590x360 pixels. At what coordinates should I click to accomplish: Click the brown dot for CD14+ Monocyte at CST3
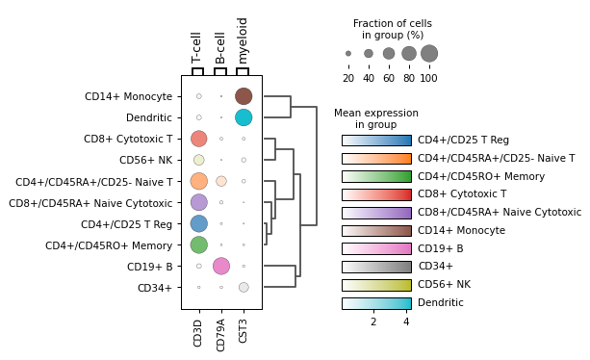coord(244,96)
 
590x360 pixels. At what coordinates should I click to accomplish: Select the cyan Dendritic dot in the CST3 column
coord(244,117)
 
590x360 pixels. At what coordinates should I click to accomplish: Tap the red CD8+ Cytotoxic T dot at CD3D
coord(198,139)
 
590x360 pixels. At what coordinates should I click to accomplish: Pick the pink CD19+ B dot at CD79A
coord(221,266)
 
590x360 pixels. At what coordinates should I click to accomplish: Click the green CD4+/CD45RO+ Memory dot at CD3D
coord(198,244)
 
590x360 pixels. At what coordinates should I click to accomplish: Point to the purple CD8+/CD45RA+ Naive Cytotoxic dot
coord(198,202)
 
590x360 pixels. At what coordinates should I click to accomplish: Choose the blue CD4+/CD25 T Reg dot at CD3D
coord(198,223)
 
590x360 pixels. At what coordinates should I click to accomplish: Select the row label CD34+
coord(155,287)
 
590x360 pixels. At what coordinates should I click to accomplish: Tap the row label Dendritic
coord(149,117)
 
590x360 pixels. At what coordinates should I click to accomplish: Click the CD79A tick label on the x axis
coord(221,329)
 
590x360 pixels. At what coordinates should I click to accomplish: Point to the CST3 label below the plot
coord(244,329)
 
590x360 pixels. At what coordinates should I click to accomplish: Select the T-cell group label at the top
coord(197,47)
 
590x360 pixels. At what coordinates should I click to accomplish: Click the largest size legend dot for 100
coord(429,54)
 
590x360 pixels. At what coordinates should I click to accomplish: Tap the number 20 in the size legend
coord(348,78)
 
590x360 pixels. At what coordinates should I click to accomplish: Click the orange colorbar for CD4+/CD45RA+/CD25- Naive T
coord(376,158)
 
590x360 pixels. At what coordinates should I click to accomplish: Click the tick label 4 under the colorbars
coord(406,321)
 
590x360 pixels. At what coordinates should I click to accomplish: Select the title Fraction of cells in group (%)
coord(392,29)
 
